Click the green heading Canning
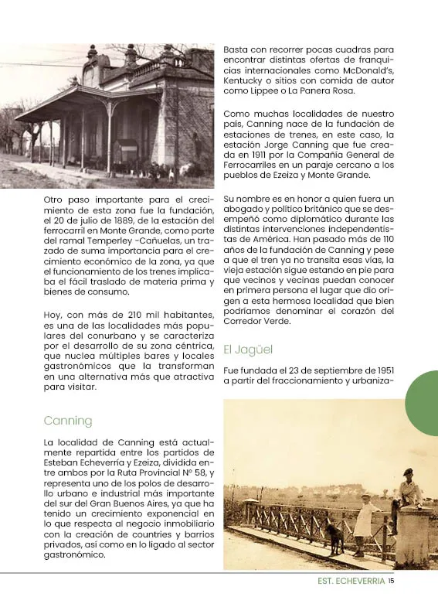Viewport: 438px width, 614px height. coord(67,421)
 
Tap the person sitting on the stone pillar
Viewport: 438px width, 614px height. coord(408,496)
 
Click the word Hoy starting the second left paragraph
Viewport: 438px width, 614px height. coord(53,314)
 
